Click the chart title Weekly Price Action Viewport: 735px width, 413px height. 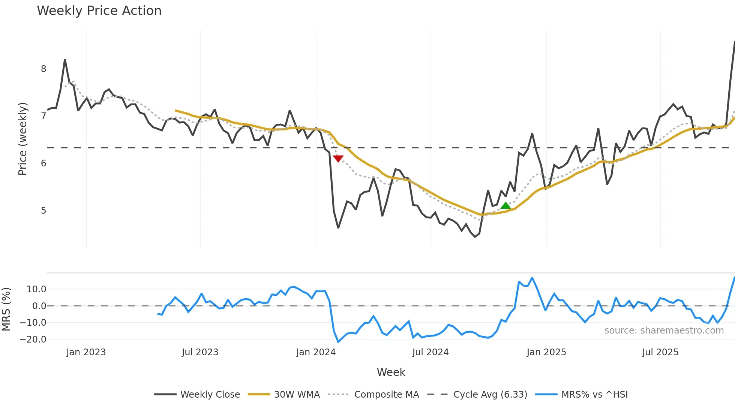(99, 11)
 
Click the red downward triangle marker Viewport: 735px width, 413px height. (338, 159)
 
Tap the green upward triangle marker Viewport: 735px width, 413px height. (505, 205)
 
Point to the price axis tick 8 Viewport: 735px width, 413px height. (43, 69)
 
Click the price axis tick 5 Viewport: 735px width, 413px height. (43, 211)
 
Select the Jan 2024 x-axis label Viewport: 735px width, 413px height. (316, 352)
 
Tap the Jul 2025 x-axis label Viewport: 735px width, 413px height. (660, 352)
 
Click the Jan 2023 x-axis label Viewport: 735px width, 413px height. (86, 352)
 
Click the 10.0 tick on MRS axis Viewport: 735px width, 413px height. (36, 289)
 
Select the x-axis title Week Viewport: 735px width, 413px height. (391, 372)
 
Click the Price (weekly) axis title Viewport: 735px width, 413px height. (23, 139)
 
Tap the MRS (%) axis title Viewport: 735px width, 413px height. (6, 309)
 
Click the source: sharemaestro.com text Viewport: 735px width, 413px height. (664, 331)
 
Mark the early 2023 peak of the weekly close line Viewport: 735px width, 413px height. (65, 60)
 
